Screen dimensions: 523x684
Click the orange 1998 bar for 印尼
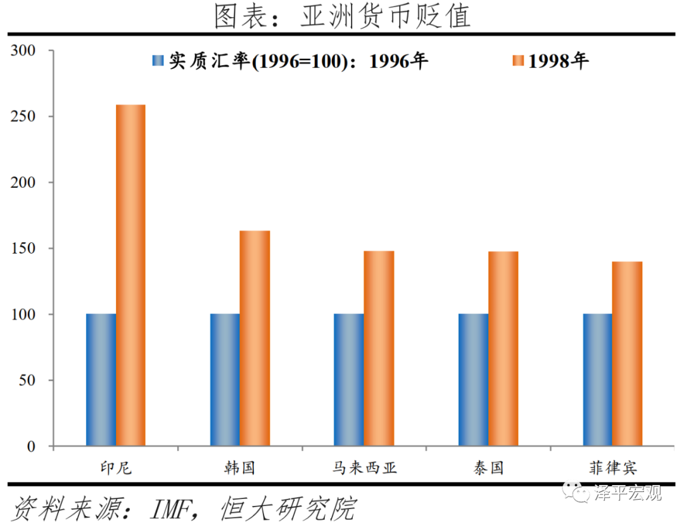click(x=130, y=275)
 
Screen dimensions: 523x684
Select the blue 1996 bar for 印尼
click(x=101, y=379)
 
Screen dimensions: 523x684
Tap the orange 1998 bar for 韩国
click(x=255, y=338)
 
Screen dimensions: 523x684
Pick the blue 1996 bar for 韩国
click(x=225, y=379)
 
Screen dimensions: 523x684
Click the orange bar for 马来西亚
click(x=379, y=348)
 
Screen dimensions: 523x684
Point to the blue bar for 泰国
click(x=473, y=379)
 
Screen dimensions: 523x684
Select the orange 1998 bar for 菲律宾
click(x=627, y=354)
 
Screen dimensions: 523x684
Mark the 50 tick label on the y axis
click(x=31, y=381)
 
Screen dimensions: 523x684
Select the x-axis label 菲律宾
click(x=612, y=469)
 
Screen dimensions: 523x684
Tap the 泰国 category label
click(x=488, y=469)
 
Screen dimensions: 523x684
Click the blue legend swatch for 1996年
click(x=158, y=61)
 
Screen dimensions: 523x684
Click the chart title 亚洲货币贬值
click(x=384, y=16)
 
